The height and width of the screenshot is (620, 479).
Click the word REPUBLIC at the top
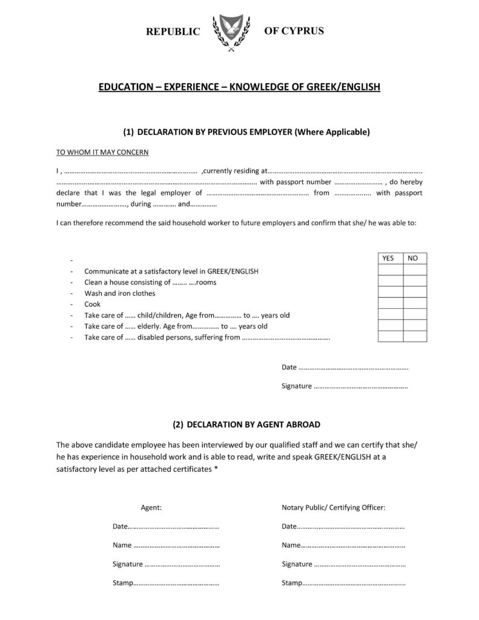(173, 32)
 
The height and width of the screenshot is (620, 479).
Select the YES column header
(389, 258)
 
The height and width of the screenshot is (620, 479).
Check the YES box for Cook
(389, 303)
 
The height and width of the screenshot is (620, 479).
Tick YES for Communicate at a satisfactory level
(389, 269)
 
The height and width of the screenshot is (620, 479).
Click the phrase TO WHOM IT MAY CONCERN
(102, 152)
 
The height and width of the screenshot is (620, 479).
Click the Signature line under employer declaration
(360, 386)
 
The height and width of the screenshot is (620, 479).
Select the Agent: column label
(151, 507)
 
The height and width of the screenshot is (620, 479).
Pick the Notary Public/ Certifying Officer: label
(334, 507)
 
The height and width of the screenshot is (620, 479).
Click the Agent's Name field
(175, 546)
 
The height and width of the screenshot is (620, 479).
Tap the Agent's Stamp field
(175, 584)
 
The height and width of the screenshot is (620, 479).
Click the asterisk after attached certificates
(216, 469)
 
